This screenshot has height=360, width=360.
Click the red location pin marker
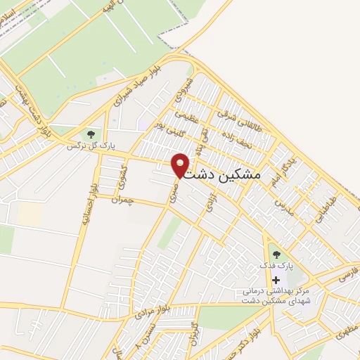[x=181, y=165]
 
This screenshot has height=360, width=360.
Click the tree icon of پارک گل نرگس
[x=89, y=133]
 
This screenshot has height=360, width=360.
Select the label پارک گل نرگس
[x=89, y=146]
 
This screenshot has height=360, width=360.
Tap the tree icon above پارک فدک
[x=275, y=254]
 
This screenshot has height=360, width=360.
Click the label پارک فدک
[x=274, y=266]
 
